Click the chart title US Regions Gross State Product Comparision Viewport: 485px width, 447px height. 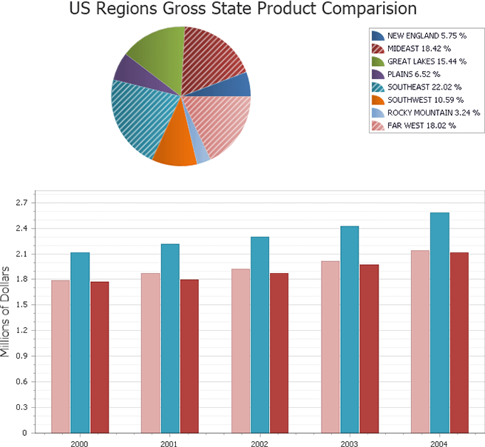(x=243, y=10)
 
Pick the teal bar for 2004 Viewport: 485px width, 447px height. (x=440, y=322)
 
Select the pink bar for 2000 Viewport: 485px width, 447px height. (x=61, y=356)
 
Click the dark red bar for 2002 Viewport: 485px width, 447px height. (x=279, y=352)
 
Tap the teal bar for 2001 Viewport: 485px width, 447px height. (x=170, y=337)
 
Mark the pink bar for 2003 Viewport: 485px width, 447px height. (x=330, y=346)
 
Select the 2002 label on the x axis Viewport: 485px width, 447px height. (x=260, y=443)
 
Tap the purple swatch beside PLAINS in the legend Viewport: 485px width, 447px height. (x=378, y=74)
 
